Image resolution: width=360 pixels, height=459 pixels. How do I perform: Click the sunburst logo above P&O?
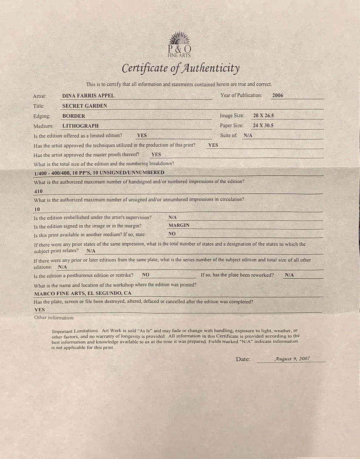click(x=179, y=37)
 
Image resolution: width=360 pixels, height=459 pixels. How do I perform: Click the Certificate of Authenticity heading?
click(x=181, y=68)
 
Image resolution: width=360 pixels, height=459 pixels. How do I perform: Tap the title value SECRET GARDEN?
click(x=85, y=106)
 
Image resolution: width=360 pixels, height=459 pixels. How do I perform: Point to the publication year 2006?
click(x=278, y=96)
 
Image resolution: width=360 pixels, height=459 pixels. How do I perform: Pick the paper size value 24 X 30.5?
click(x=263, y=125)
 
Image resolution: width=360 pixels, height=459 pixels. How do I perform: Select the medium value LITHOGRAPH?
click(x=80, y=126)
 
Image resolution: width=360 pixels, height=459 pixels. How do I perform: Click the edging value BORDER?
click(x=74, y=116)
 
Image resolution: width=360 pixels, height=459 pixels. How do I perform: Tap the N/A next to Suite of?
click(x=247, y=136)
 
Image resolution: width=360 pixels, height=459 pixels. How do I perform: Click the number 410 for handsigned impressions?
click(x=38, y=191)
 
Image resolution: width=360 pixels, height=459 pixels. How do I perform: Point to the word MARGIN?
click(x=179, y=226)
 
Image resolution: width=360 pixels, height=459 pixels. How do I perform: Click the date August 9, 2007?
click(x=292, y=359)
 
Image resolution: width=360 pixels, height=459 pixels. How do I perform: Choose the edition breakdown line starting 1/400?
click(x=99, y=173)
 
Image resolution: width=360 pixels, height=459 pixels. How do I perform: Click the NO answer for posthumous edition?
click(x=145, y=275)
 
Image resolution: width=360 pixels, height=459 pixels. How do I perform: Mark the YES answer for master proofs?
click(x=156, y=155)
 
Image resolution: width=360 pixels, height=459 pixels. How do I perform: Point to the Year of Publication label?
click(x=241, y=95)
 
